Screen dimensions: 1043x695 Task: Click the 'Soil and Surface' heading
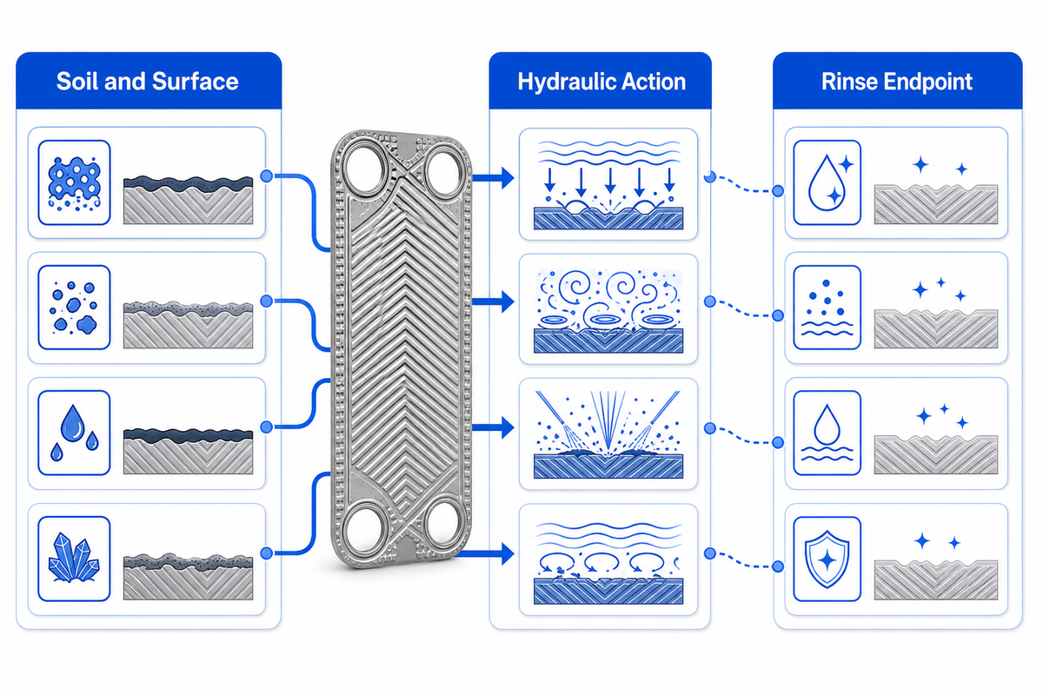coord(147,82)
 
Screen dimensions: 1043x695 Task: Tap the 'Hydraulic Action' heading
coord(601,82)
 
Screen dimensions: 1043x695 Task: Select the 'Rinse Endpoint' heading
coord(897,82)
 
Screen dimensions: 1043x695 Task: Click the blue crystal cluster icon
coord(74,558)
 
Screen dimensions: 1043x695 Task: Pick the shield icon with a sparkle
coord(827,559)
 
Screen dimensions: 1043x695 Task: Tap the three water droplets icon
coord(75,433)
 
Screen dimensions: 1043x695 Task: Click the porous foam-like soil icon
coord(75,183)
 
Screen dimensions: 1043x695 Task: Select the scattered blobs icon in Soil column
coord(74,308)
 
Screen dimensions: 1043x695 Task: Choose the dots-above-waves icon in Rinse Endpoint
coord(827,308)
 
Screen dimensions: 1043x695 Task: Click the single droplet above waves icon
coord(827,433)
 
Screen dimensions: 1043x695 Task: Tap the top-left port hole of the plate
coord(366,169)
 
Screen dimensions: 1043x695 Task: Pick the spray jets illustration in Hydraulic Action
coord(608,434)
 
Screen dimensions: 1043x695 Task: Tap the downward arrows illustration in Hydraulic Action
coord(608,185)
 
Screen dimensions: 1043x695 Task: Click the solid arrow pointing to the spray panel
coord(493,427)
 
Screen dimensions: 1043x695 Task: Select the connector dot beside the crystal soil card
coord(266,553)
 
